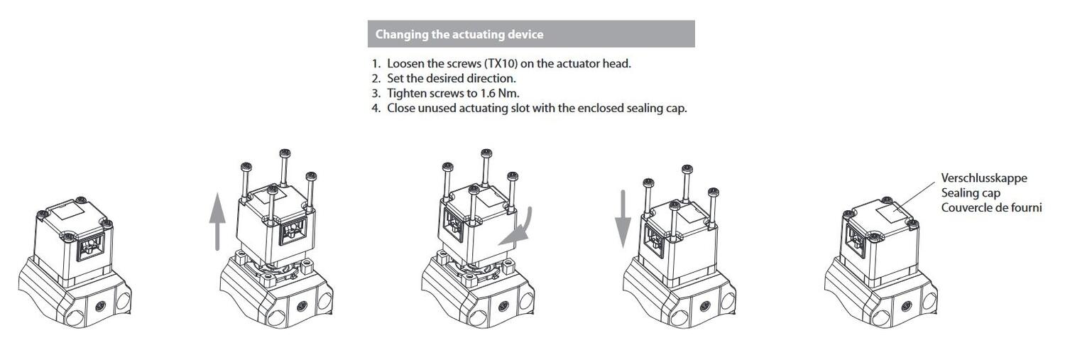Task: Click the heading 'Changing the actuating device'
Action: pyautogui.click(x=459, y=34)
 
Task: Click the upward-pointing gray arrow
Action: pyautogui.click(x=217, y=221)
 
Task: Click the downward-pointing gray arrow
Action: pyautogui.click(x=623, y=219)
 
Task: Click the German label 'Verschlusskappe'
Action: pyautogui.click(x=983, y=178)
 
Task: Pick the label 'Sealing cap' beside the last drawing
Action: pyautogui.click(x=971, y=192)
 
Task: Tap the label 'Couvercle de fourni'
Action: pyautogui.click(x=991, y=207)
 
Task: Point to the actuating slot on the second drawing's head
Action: pyautogui.click(x=293, y=231)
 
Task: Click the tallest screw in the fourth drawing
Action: pyautogui.click(x=686, y=183)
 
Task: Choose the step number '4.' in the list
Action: pyautogui.click(x=376, y=108)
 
